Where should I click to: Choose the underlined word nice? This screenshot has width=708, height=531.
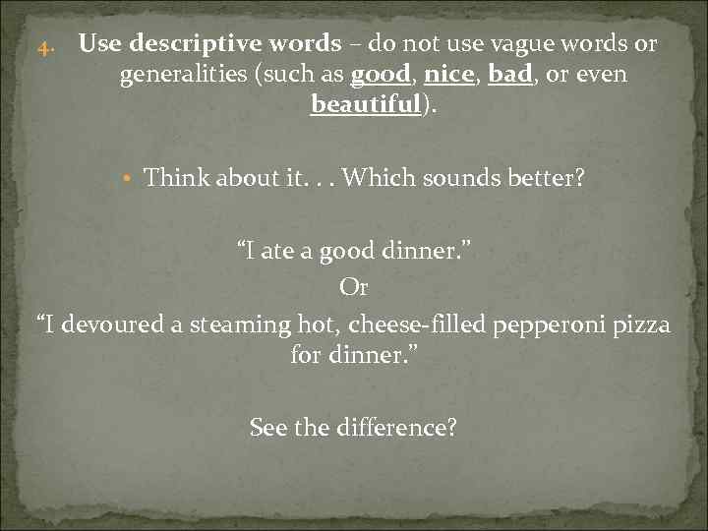(448, 75)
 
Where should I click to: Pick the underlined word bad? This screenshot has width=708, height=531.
(509, 75)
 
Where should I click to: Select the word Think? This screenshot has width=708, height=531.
(178, 178)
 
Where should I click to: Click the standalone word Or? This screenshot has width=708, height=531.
(353, 288)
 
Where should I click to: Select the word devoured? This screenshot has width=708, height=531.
(110, 324)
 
